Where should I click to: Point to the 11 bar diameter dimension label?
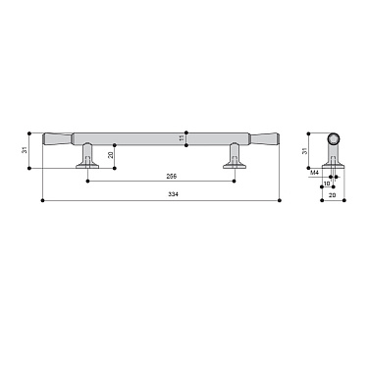183,140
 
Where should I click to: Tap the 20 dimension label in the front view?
111,154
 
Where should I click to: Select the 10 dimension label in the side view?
326,183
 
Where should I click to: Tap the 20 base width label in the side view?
331,195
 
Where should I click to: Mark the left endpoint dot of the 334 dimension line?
41,201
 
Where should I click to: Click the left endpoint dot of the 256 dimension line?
89,181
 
